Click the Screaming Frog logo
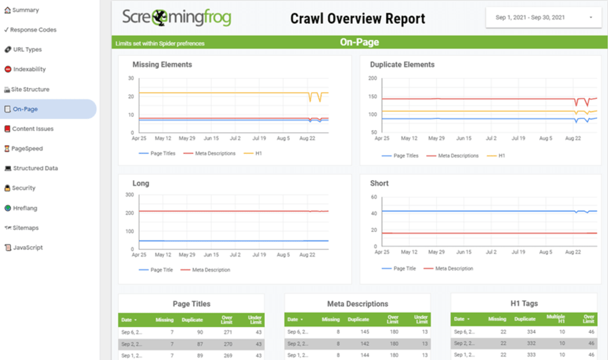coord(176,17)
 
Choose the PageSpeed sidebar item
coord(26,149)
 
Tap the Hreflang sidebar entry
coord(25,208)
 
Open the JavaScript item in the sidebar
coord(28,247)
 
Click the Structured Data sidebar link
coord(35,168)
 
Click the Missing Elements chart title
coord(162,65)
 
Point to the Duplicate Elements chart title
coord(402,65)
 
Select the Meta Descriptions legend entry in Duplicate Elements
coord(458,155)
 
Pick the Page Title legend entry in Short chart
coord(404,269)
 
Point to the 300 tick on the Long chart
coord(129,195)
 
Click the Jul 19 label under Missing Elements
coord(259,138)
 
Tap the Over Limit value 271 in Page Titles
coord(229,332)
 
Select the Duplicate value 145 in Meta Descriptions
coord(364,332)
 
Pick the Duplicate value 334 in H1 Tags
coord(530,332)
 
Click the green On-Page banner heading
coord(359,42)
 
